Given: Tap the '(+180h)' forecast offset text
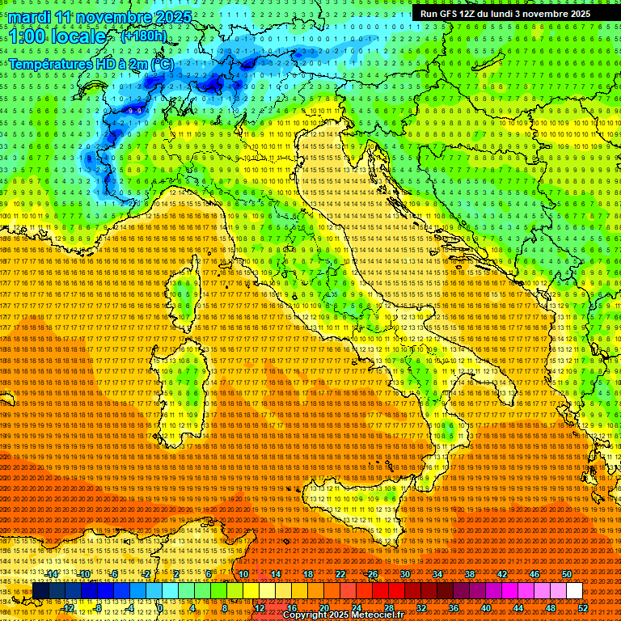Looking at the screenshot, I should click(x=143, y=36).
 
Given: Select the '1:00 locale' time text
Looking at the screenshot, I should click(x=57, y=36).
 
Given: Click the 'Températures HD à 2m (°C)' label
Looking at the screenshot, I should click(x=91, y=63).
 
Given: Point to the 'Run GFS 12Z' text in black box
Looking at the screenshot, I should click(x=447, y=14).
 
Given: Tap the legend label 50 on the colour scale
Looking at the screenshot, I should click(x=567, y=573).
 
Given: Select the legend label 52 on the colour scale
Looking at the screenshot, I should click(x=583, y=608).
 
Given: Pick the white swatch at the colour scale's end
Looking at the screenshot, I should click(x=574, y=591).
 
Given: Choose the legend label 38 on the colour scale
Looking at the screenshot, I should click(x=470, y=573).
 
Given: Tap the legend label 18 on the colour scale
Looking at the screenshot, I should click(x=307, y=573).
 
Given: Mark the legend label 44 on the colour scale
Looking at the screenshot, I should click(x=518, y=608).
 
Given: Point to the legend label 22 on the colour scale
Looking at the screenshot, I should click(x=340, y=573).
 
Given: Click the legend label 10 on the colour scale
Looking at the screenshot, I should click(x=243, y=573).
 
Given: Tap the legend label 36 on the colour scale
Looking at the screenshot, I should click(x=454, y=608).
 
